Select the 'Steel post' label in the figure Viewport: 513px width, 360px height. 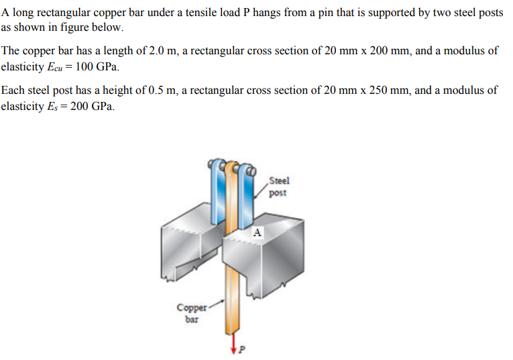click(278, 186)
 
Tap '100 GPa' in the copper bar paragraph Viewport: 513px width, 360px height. click(97, 67)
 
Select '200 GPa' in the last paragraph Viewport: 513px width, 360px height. click(93, 107)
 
